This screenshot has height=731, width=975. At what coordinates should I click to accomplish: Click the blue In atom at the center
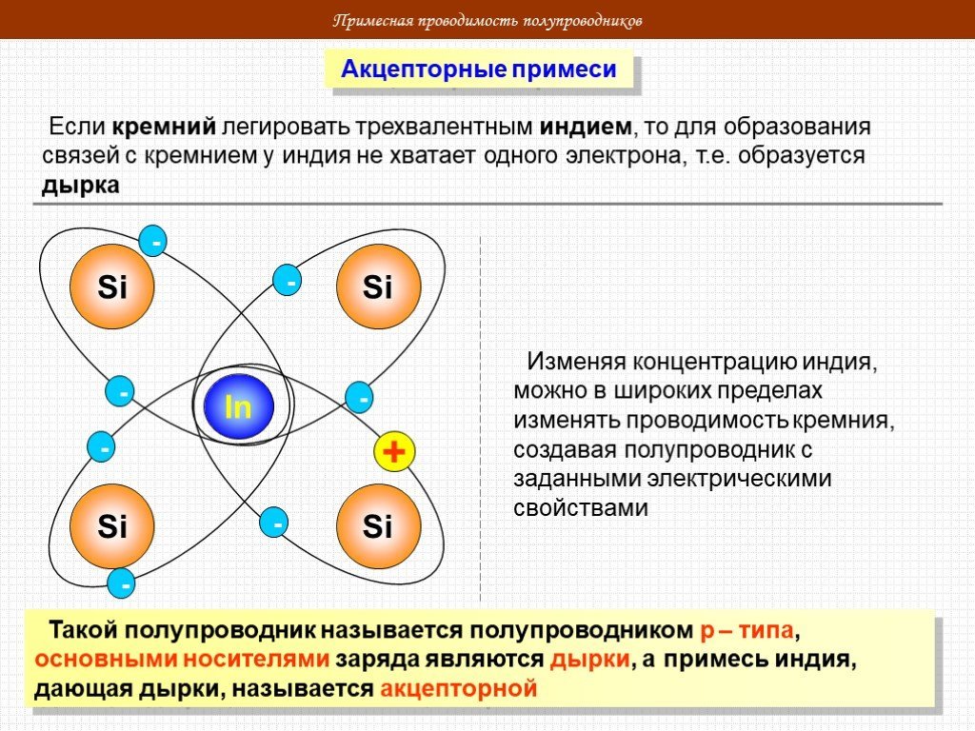coord(239,406)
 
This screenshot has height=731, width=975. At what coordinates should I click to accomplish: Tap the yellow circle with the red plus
coord(394,451)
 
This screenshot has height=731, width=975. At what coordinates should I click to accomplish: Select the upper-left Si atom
coord(112,286)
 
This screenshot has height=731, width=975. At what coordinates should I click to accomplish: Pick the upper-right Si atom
coord(378,286)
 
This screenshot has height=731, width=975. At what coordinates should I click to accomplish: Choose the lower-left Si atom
coord(112,525)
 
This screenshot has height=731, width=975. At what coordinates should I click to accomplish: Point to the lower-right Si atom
coord(378,525)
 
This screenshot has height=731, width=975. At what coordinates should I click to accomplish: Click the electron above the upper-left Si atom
coord(153,241)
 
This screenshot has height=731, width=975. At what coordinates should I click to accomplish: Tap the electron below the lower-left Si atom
coord(122,583)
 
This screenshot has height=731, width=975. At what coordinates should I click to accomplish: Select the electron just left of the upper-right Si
coord(288,280)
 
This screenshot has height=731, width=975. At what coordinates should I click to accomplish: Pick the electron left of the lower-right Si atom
coord(274,523)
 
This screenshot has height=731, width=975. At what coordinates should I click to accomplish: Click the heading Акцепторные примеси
coord(478,69)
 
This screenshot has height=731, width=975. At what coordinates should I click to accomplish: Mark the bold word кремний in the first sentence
coord(164,127)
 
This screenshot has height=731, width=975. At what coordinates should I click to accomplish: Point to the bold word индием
coord(586,127)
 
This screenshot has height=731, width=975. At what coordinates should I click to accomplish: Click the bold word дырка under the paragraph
coord(80,186)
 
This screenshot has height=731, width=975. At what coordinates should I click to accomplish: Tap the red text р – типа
coord(746,630)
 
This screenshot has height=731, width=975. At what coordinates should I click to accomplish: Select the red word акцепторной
coord(458,689)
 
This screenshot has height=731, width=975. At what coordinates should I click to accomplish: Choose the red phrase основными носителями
coord(182,660)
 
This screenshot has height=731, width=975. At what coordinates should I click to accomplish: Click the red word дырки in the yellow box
coord(589,660)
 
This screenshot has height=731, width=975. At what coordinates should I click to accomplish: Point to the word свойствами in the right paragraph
coord(581,508)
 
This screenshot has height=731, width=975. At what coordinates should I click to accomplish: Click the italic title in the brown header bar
coord(487,21)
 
